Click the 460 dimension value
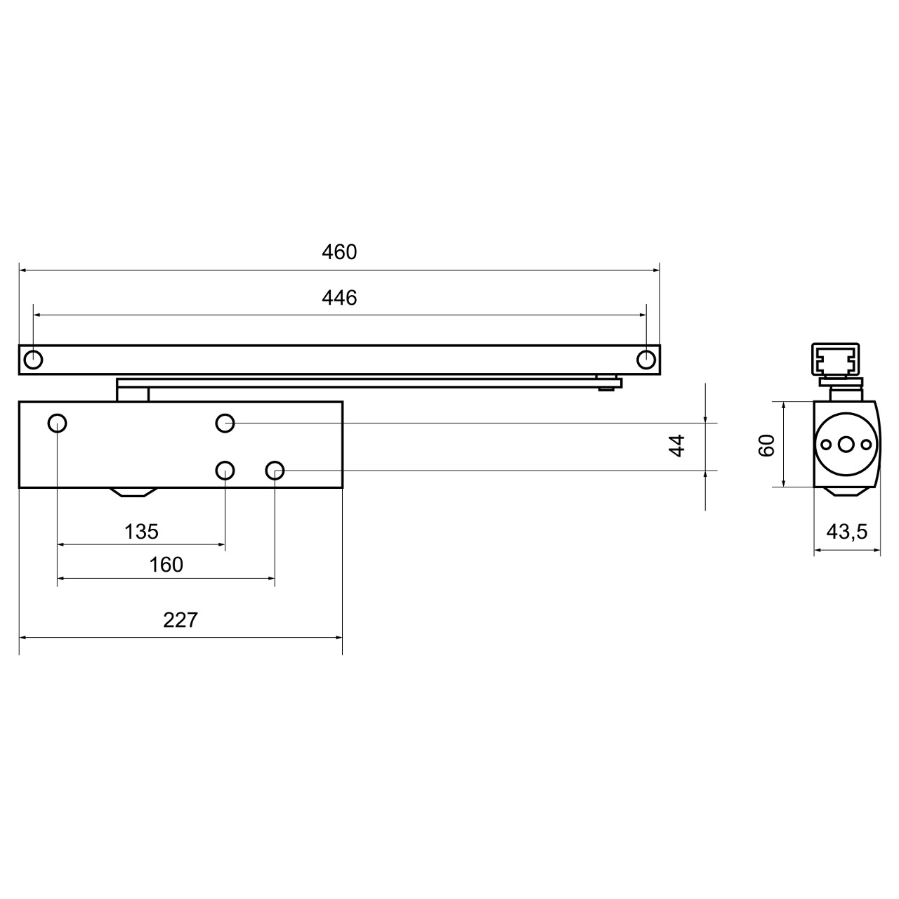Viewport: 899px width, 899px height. pyautogui.click(x=339, y=252)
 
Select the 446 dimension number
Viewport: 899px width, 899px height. pyautogui.click(x=339, y=298)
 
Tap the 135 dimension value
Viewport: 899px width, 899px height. pyautogui.click(x=141, y=532)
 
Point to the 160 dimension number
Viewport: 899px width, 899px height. pyautogui.click(x=166, y=565)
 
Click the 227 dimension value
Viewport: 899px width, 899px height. pyautogui.click(x=181, y=620)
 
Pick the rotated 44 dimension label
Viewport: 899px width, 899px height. pyautogui.click(x=676, y=445)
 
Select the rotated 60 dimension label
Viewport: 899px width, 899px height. pyautogui.click(x=766, y=445)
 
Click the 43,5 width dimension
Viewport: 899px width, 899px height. pyautogui.click(x=846, y=532)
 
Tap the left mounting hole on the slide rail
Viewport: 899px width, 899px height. pyautogui.click(x=33, y=360)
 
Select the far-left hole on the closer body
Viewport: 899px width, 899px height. pyautogui.click(x=57, y=423)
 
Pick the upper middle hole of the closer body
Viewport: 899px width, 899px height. pyautogui.click(x=225, y=423)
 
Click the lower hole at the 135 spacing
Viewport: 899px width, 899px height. pyautogui.click(x=225, y=470)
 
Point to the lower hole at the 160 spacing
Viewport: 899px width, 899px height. pyautogui.click(x=275, y=470)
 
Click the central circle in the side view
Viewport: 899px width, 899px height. pyautogui.click(x=846, y=444)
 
